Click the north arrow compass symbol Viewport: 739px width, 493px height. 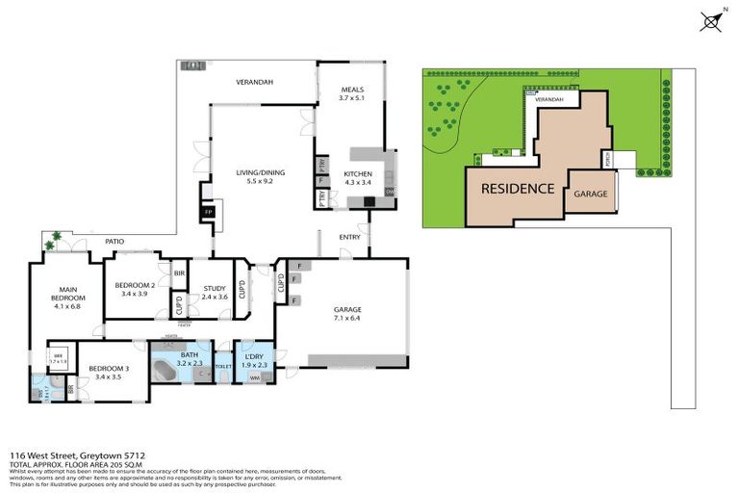click(711, 21)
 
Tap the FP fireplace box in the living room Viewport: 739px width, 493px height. click(207, 213)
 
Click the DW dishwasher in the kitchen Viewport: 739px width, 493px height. click(390, 192)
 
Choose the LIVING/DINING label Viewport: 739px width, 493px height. click(261, 172)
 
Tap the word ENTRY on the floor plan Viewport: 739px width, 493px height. click(349, 237)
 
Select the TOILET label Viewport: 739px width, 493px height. click(222, 367)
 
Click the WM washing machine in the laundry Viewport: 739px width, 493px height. click(255, 378)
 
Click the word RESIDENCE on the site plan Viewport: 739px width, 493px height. click(517, 189)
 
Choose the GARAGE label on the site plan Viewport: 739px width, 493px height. click(591, 194)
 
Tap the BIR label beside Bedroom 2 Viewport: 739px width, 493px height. click(179, 273)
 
